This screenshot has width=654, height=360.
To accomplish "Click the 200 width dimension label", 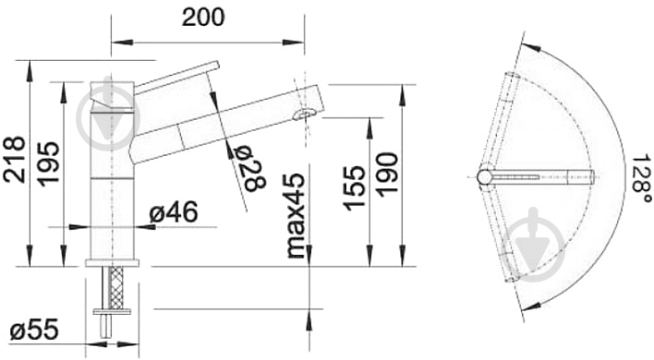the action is click(203, 18).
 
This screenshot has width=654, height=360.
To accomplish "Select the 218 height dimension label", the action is click(15, 160).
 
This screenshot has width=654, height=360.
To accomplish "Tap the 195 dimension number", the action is click(48, 163).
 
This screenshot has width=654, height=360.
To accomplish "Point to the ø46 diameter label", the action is click(174, 212).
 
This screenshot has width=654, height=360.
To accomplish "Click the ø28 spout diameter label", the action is click(249, 169).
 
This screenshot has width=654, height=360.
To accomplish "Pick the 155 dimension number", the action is click(354, 187).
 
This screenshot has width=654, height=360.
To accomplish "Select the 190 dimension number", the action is click(386, 174).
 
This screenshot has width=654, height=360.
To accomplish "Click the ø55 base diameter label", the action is click(34, 330).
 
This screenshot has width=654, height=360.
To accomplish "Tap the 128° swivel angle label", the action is click(641, 179).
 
